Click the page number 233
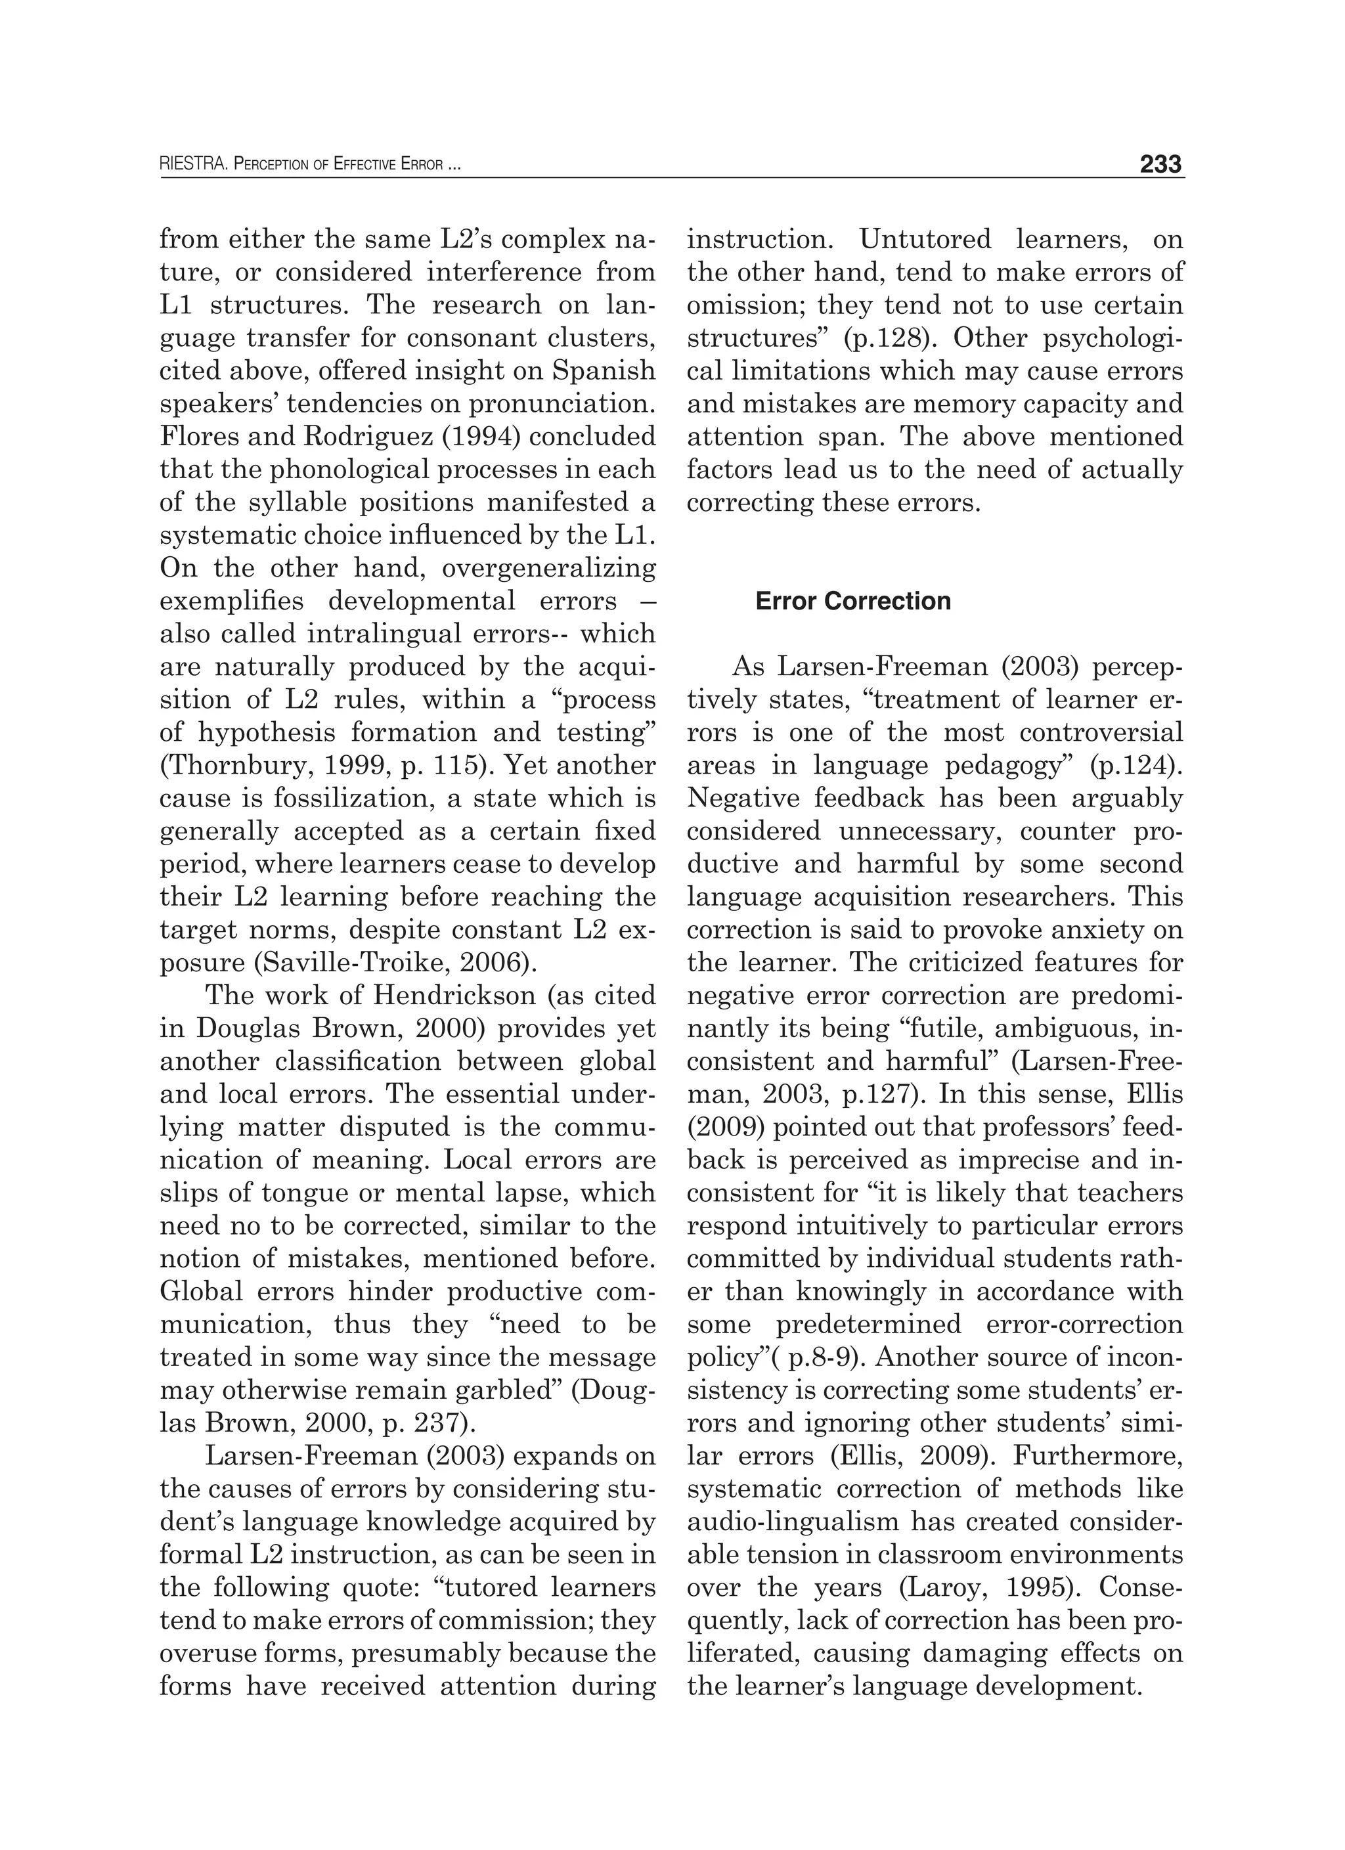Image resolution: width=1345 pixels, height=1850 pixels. [1160, 165]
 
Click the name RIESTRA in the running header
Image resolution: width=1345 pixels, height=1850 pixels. [192, 165]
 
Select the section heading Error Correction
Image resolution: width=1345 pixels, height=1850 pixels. [852, 601]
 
